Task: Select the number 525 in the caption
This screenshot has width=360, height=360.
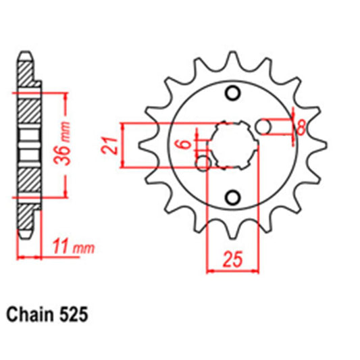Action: [74, 315]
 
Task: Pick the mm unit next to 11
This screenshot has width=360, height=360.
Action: [81, 248]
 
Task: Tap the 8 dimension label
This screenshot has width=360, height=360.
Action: [302, 126]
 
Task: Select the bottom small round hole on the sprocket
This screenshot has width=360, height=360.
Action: [234, 197]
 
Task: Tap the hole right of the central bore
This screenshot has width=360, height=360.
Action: [265, 126]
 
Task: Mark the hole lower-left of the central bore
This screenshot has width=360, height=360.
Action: [203, 163]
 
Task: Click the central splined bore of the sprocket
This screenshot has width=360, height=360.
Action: [234, 145]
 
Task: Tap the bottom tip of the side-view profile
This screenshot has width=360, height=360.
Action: [25, 236]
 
